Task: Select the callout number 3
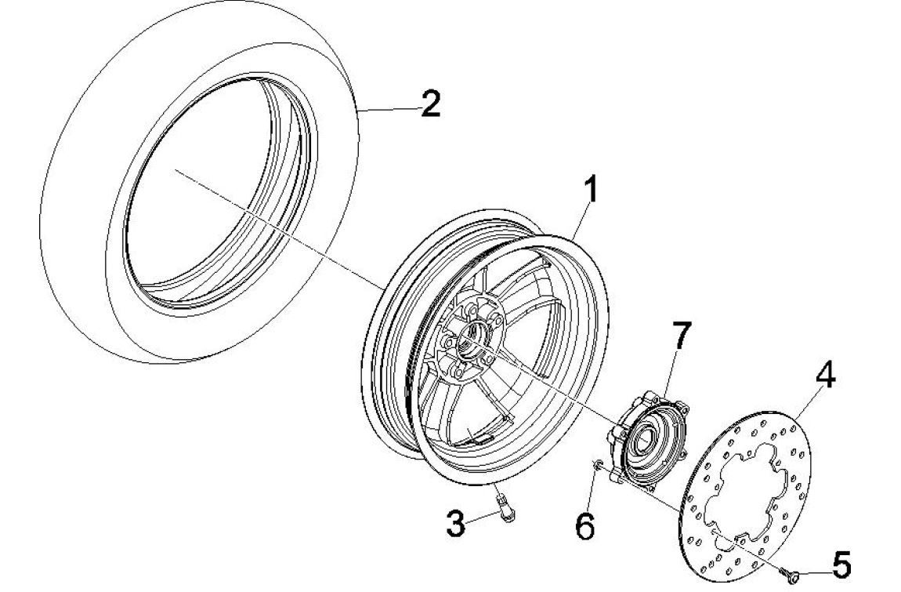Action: tap(456, 524)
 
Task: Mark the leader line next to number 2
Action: tap(388, 111)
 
